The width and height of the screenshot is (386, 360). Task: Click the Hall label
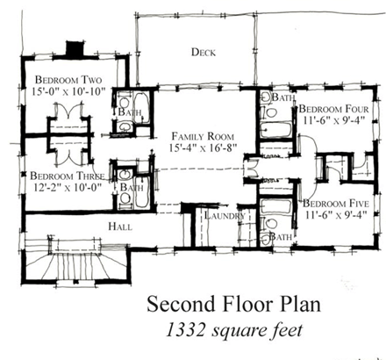(120, 227)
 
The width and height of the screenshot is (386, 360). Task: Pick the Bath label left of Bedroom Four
(281, 97)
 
